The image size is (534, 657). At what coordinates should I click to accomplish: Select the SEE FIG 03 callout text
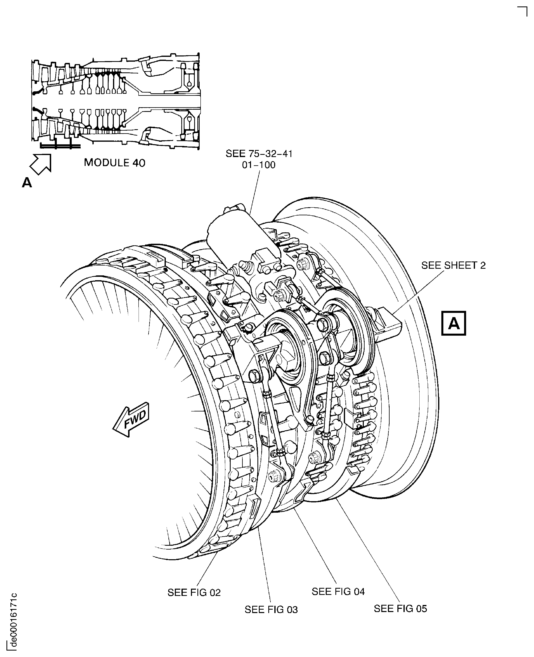click(x=271, y=610)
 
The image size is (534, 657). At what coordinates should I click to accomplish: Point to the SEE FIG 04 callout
click(x=338, y=591)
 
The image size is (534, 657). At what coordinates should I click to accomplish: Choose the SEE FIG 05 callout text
click(x=400, y=609)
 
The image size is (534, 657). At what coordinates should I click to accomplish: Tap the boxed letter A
click(x=453, y=323)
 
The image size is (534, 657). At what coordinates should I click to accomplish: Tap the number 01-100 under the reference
click(x=259, y=165)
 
